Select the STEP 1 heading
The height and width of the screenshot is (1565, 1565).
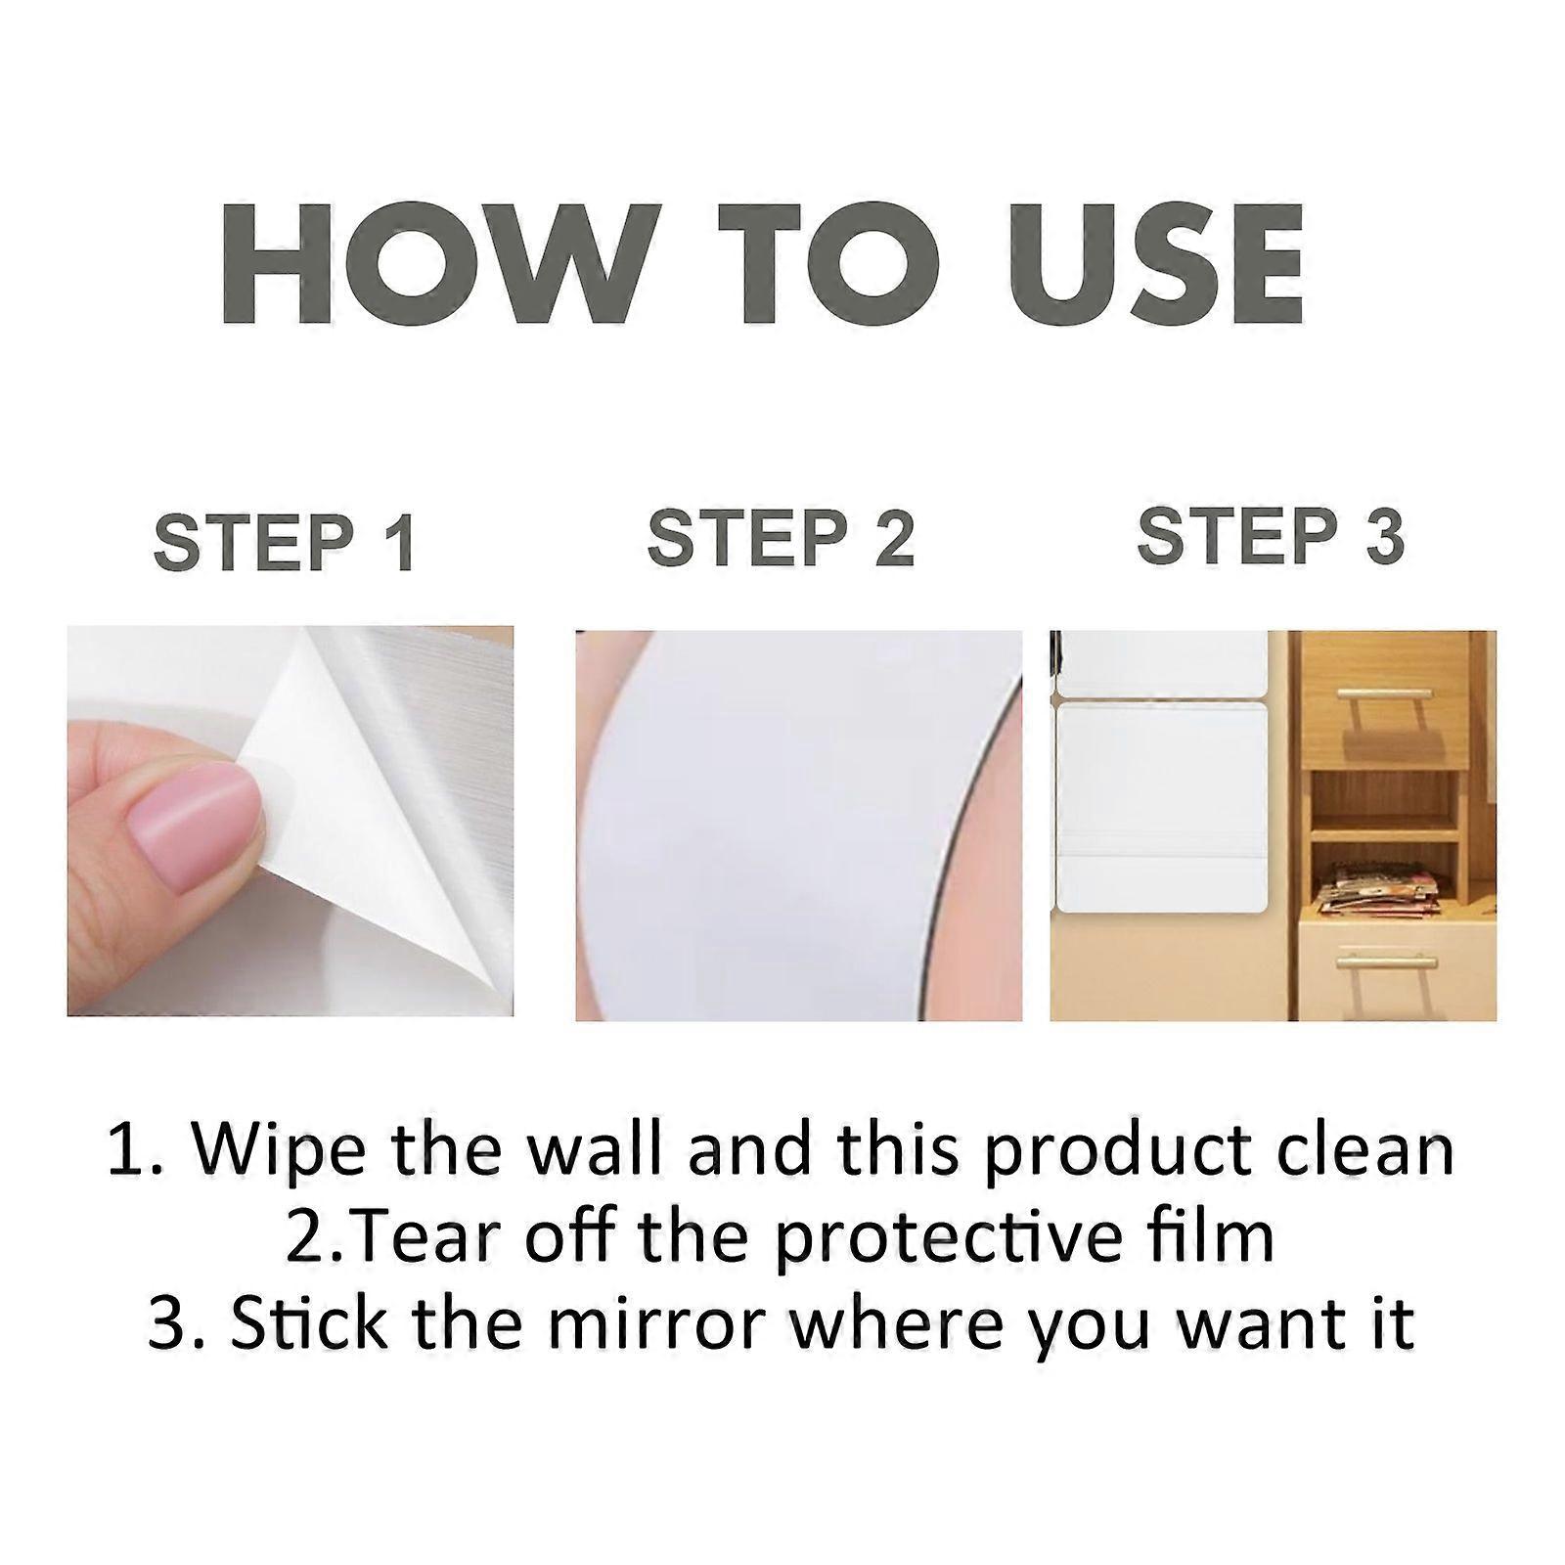285,543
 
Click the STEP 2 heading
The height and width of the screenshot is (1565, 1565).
781,538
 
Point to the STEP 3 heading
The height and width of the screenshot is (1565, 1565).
1271,536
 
